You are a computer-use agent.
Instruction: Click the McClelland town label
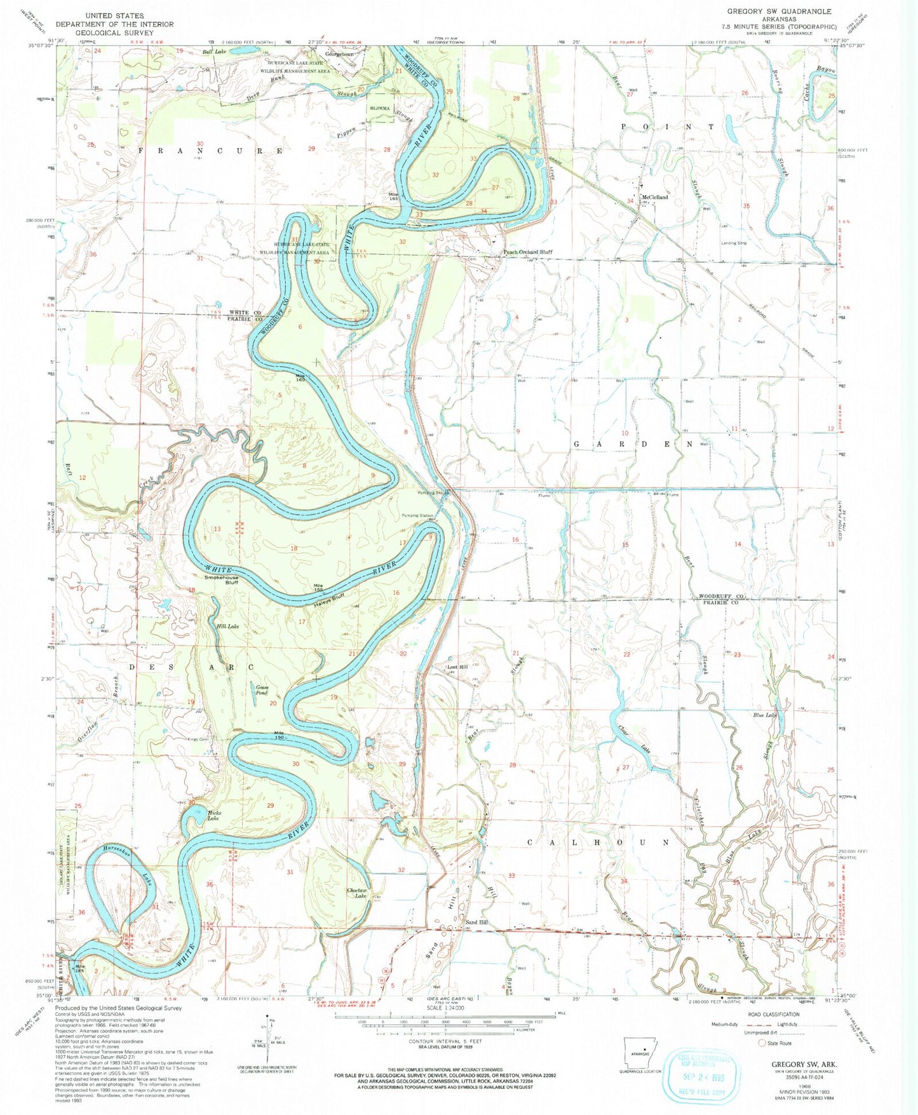655,198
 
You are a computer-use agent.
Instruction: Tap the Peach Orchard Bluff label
527,252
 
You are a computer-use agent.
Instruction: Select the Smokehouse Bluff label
221,580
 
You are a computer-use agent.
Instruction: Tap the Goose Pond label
261,691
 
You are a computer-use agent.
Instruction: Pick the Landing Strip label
734,243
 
